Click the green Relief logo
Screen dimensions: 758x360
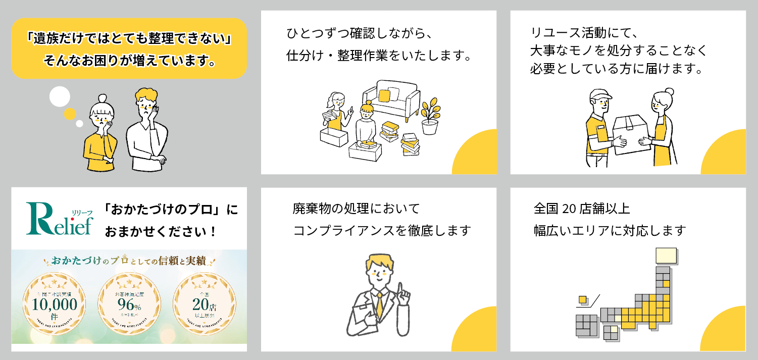coord(60,219)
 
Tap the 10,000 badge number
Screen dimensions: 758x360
coord(55,304)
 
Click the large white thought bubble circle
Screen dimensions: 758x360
coord(60,96)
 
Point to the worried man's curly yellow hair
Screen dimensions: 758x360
coord(146,97)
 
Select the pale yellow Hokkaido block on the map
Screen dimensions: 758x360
coord(666,255)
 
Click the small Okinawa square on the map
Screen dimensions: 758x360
coord(583,299)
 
